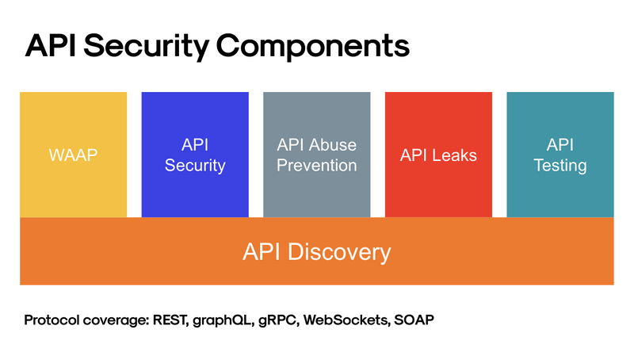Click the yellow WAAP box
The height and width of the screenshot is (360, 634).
tap(73, 155)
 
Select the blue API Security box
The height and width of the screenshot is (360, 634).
tap(195, 155)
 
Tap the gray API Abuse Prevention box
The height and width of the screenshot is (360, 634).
tap(316, 155)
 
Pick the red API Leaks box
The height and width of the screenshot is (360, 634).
tap(438, 155)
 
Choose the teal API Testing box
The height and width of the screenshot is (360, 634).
tap(560, 155)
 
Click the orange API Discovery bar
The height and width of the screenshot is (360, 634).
tap(316, 251)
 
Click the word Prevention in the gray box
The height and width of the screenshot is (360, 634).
tap(316, 166)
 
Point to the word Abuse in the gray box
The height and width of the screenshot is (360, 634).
tap(334, 145)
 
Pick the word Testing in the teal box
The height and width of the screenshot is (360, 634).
tap(560, 166)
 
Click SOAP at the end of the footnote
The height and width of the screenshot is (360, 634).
tap(416, 322)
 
